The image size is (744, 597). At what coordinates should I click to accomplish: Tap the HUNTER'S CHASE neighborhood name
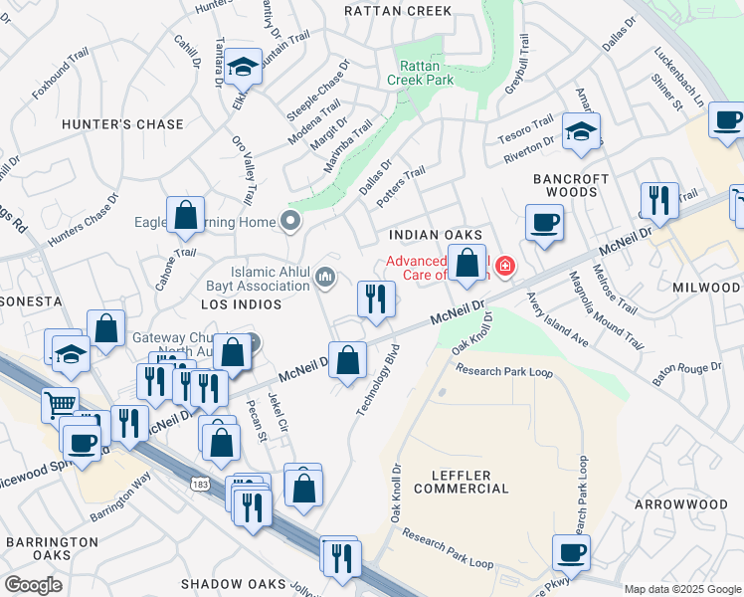tap(122, 124)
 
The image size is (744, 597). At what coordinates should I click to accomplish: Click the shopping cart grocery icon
tap(60, 404)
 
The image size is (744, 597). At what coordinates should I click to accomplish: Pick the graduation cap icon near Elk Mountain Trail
tap(242, 67)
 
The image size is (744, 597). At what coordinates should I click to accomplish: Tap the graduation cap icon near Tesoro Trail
tap(581, 130)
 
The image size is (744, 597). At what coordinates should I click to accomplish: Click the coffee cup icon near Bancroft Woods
tap(543, 222)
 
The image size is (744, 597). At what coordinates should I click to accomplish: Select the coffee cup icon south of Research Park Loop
tap(572, 552)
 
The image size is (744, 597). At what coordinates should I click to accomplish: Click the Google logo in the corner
tap(33, 584)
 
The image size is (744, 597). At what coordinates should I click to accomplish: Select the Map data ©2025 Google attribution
tap(681, 589)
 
